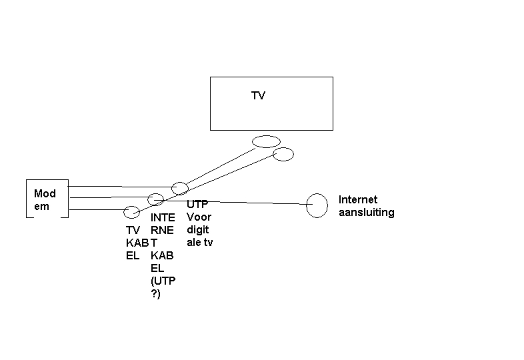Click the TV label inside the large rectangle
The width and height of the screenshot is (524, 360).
click(x=258, y=96)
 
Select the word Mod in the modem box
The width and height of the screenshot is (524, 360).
click(x=45, y=194)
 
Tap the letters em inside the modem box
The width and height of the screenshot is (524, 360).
click(x=41, y=206)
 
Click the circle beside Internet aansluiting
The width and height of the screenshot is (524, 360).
click(x=317, y=205)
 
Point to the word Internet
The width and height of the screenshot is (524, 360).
click(x=358, y=199)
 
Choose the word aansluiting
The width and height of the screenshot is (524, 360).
click(x=367, y=213)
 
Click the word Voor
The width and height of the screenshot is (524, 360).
click(x=199, y=217)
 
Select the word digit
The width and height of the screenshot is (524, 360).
click(x=198, y=230)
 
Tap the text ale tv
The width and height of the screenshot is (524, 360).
click(x=199, y=242)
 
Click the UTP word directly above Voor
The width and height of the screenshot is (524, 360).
click(x=198, y=205)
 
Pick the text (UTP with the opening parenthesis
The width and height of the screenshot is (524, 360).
click(x=163, y=281)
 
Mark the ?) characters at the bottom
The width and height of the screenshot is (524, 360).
click(x=156, y=293)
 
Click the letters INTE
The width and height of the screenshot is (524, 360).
click(x=163, y=217)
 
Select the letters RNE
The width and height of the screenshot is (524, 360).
click(x=162, y=230)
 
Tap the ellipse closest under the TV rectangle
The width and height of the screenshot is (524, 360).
click(x=266, y=141)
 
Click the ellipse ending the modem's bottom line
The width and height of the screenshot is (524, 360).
click(x=132, y=212)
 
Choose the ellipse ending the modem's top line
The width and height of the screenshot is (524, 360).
click(x=179, y=188)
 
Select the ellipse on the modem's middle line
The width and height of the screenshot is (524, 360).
click(x=155, y=199)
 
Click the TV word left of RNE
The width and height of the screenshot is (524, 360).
click(x=133, y=230)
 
